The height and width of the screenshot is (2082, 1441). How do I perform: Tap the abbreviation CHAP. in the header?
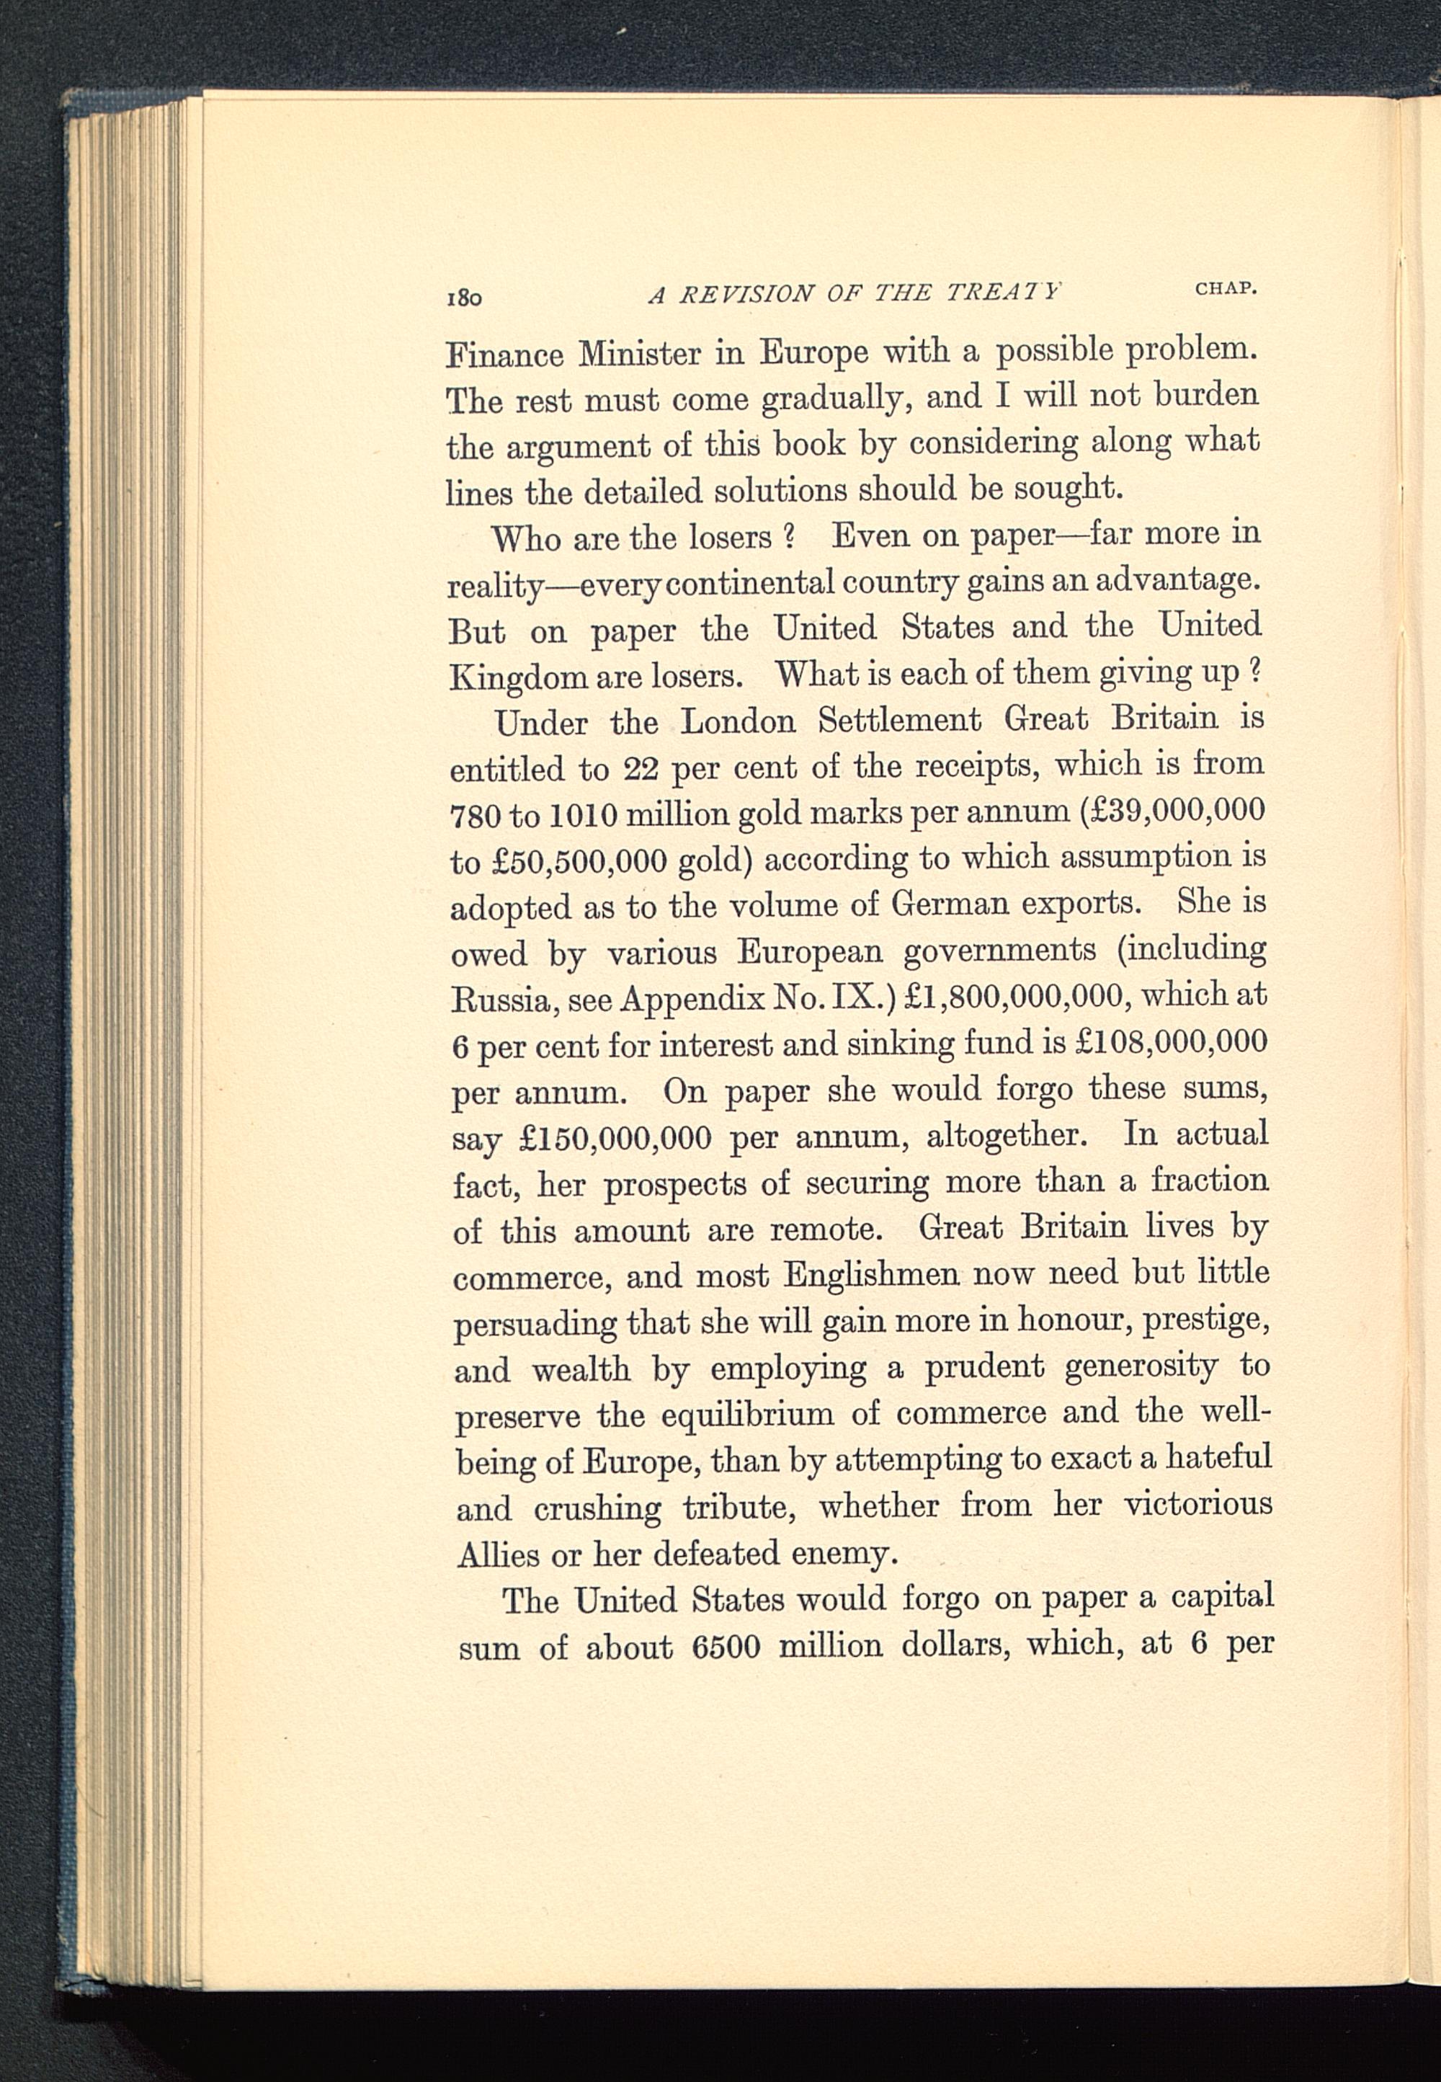(x=1226, y=289)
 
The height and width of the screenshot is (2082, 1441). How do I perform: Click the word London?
(x=738, y=722)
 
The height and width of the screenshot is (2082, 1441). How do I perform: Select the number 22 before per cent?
(x=642, y=769)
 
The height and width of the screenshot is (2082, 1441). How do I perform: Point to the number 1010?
(x=584, y=815)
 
